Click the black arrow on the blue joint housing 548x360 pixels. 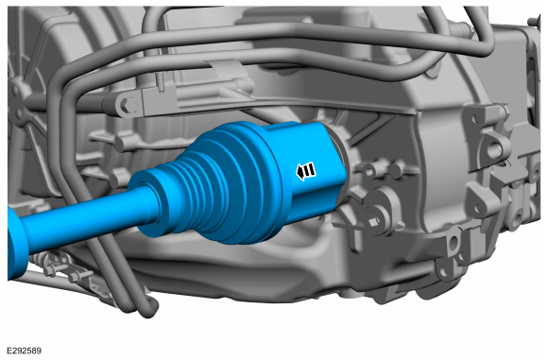click(306, 171)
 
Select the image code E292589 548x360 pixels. click(26, 351)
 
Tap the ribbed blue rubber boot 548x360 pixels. click(203, 185)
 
